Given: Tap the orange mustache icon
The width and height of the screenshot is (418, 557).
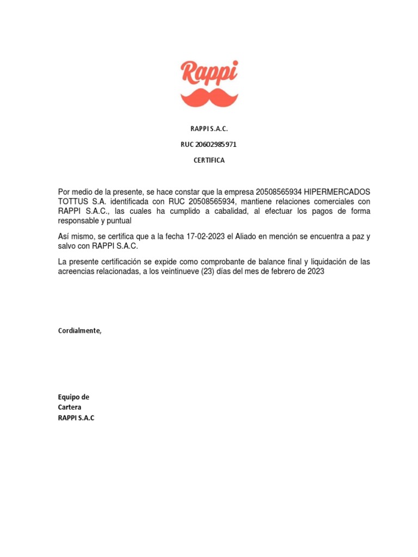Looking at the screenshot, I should tap(209, 97).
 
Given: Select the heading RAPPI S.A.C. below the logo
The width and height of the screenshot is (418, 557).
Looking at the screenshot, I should tap(209, 129).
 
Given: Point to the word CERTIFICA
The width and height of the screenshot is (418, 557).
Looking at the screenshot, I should tap(209, 160).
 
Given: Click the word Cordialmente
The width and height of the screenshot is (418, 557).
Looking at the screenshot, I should tap(79, 331).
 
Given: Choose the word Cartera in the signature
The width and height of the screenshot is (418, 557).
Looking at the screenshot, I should tap(70, 407).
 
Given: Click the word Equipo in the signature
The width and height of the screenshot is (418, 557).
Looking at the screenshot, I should tap(68, 397).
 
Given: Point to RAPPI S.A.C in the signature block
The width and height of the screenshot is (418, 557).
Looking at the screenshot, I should tap(76, 418).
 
